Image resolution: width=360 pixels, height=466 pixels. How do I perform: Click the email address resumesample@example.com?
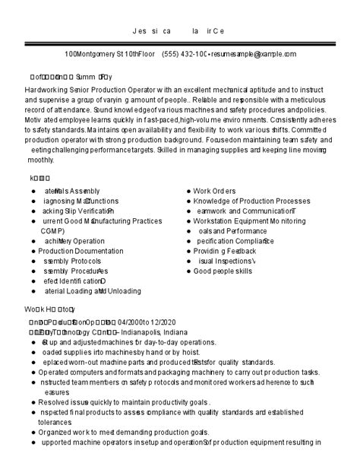[254, 55]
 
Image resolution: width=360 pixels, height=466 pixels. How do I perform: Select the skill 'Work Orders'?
[215, 191]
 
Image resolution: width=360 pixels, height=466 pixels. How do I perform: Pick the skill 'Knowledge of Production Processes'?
[246, 201]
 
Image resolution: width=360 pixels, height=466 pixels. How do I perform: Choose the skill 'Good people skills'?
[223, 271]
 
